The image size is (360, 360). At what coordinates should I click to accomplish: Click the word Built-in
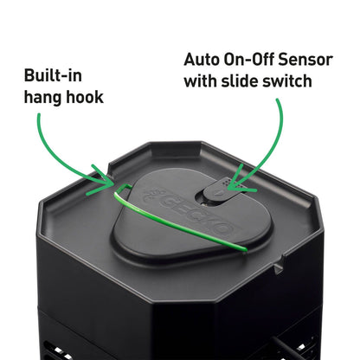[x=53, y=76]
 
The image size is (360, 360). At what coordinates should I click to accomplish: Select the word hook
[x=85, y=97]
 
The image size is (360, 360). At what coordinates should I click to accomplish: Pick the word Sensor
[x=305, y=60]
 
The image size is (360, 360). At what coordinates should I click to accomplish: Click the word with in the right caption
[x=200, y=81]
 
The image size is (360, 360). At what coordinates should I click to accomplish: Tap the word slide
[x=240, y=81]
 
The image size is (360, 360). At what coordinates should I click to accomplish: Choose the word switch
[x=287, y=81]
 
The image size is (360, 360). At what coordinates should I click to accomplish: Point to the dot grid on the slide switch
[x=227, y=183]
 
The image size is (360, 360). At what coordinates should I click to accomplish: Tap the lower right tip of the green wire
[x=245, y=249]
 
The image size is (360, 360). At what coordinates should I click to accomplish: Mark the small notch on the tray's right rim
[x=279, y=268]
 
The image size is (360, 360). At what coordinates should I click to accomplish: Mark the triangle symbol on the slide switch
[x=219, y=192]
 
